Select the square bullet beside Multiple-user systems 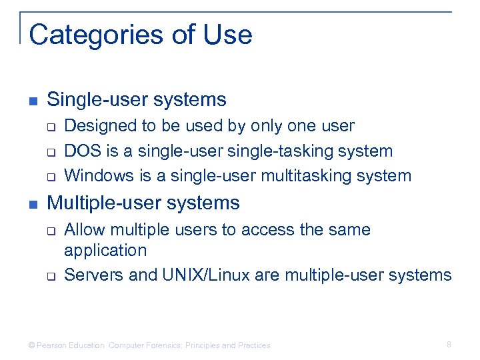click(33, 204)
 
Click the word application click(105, 251)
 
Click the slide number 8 click(449, 345)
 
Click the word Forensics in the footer click(161, 345)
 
